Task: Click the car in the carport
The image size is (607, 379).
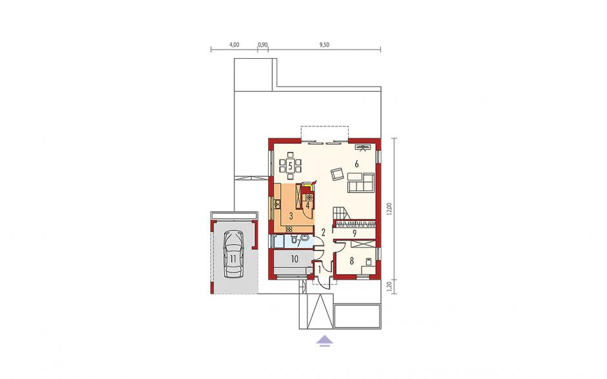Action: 234,254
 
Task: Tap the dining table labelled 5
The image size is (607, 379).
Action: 290,167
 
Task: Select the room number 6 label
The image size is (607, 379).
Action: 356,164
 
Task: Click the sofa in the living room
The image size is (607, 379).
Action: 361,183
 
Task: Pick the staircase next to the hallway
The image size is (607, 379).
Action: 341,213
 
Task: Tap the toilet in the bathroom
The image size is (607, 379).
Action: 293,238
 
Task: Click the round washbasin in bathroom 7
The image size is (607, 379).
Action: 305,238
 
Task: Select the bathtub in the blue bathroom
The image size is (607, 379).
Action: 278,241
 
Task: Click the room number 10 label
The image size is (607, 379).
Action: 294,259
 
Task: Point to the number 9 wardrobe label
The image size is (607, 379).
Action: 355,233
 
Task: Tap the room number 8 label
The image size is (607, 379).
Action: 351,261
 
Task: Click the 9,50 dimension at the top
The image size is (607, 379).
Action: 324,45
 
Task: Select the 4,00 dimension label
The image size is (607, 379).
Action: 234,45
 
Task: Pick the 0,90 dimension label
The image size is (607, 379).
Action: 262,45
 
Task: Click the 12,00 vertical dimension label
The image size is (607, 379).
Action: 389,209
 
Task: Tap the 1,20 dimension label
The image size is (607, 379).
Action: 389,287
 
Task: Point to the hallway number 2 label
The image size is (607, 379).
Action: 324,232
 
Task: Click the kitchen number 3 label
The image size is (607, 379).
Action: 291,215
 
